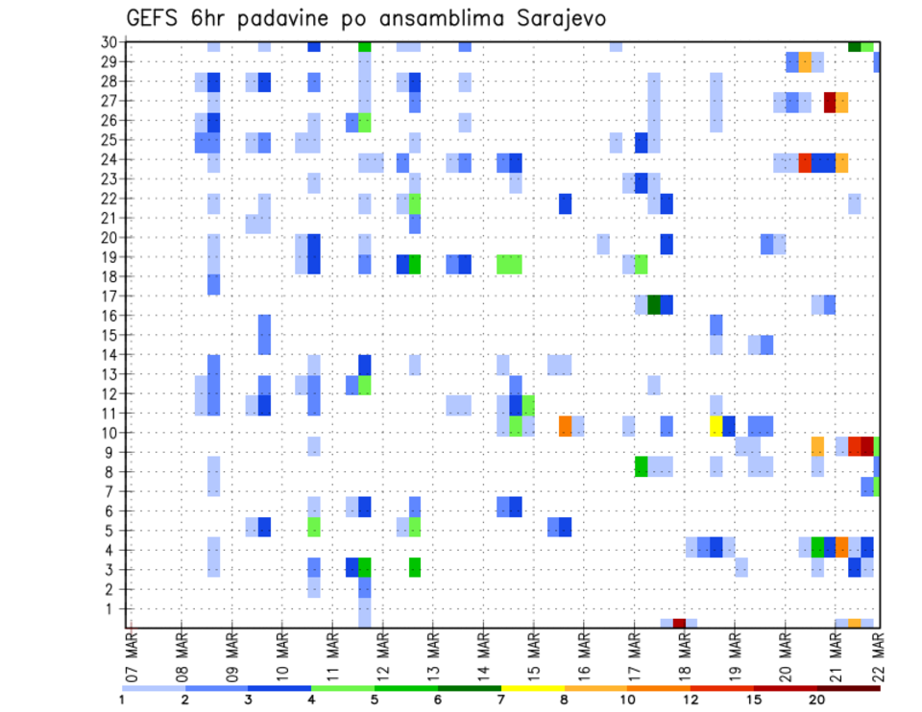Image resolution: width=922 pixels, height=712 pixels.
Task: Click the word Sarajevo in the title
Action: pos(551,19)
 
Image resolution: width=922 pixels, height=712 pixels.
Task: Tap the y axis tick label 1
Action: pos(112,608)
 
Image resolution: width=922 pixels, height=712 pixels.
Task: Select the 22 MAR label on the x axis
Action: pos(878,653)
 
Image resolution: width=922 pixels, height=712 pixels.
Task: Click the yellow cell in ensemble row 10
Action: pos(716,425)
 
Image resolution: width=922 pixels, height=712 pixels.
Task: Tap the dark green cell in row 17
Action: pos(654,304)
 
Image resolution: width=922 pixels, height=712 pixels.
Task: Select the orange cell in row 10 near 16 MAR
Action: pos(566,425)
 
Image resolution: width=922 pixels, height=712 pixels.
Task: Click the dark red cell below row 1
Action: pos(679,623)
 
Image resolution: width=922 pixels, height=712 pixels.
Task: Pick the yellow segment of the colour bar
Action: pos(533,688)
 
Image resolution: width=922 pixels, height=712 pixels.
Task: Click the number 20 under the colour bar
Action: pos(817,700)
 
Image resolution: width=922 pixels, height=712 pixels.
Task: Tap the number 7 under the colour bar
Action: pos(500,700)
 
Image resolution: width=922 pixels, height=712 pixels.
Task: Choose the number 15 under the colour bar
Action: pos(754,700)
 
